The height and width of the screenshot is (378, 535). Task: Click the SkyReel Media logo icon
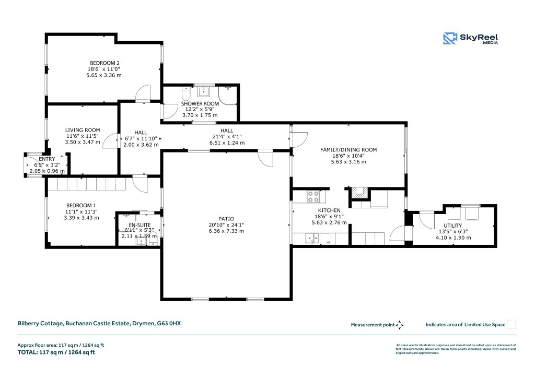click(x=450, y=39)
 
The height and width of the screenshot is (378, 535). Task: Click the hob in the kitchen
click(x=313, y=196)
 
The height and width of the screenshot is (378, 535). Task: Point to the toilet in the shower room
click(x=186, y=95)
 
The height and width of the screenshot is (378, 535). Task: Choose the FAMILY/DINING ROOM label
click(x=348, y=150)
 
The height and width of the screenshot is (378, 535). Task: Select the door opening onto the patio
click(x=265, y=158)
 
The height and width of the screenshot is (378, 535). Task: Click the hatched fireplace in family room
click(x=357, y=193)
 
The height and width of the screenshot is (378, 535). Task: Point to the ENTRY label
click(x=46, y=159)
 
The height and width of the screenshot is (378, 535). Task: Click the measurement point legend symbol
click(x=400, y=325)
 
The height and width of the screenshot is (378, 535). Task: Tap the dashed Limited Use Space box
click(x=511, y=324)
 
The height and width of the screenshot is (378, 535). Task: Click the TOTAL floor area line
click(x=56, y=352)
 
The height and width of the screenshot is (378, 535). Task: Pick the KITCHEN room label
click(x=327, y=210)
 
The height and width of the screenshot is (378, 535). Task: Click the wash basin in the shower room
click(x=204, y=92)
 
